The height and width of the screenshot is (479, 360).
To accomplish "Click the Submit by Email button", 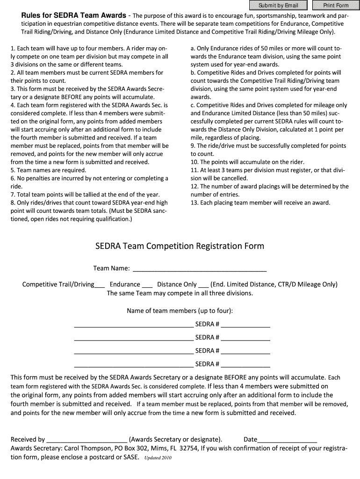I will (278, 6).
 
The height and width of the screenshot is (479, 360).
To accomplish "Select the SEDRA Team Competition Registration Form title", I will (180, 246).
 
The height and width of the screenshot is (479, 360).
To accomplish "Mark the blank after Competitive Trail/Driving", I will (100, 284).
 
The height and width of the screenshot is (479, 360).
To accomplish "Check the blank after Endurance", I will (147, 284).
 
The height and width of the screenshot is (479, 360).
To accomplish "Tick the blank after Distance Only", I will (203, 284).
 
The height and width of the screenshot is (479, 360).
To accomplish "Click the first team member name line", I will (133, 325).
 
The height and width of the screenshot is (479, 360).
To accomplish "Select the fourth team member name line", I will (133, 364).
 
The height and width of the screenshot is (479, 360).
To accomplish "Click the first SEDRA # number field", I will (245, 325).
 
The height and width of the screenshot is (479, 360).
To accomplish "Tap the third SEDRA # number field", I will (245, 351).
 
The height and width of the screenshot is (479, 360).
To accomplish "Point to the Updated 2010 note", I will (158, 458).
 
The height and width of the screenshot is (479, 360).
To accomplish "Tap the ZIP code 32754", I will (188, 448).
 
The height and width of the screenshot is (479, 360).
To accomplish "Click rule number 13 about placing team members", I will (260, 203).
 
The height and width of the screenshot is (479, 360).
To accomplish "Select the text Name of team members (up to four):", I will (180, 311).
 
